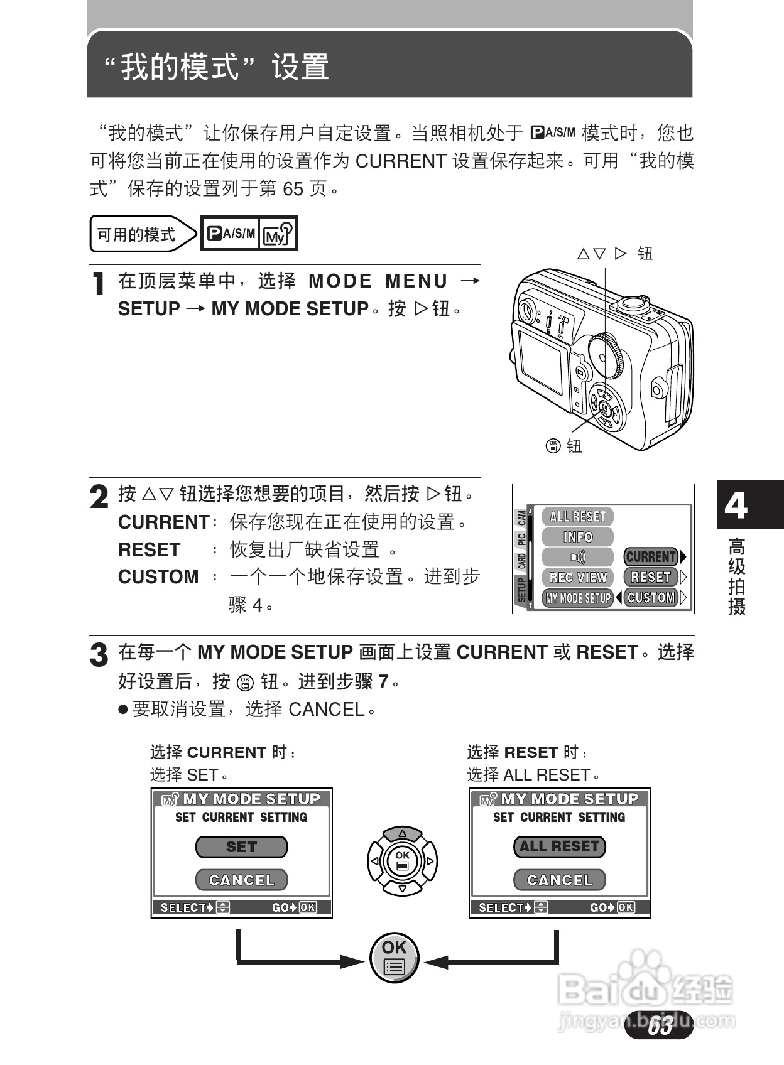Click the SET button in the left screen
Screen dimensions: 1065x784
coord(241,847)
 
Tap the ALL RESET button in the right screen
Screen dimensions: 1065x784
coord(559,847)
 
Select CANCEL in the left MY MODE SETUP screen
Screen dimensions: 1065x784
coord(241,880)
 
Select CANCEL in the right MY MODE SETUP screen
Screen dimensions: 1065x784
coord(559,880)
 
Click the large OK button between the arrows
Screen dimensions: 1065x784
coord(394,958)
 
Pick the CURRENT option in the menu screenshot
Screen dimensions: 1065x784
coord(651,557)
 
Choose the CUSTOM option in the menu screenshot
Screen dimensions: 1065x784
coord(651,598)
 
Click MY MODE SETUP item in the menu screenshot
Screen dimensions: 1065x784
coord(577,598)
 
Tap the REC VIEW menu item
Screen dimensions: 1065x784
coord(577,577)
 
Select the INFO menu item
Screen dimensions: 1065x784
coord(577,537)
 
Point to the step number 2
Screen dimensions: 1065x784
coord(99,497)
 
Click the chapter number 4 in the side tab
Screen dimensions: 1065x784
coord(736,505)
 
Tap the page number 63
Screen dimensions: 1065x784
coord(660,1025)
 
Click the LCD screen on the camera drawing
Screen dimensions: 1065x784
coord(541,362)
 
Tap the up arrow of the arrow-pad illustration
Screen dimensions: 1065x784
coord(402,834)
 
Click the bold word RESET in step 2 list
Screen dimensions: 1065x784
coord(149,550)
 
